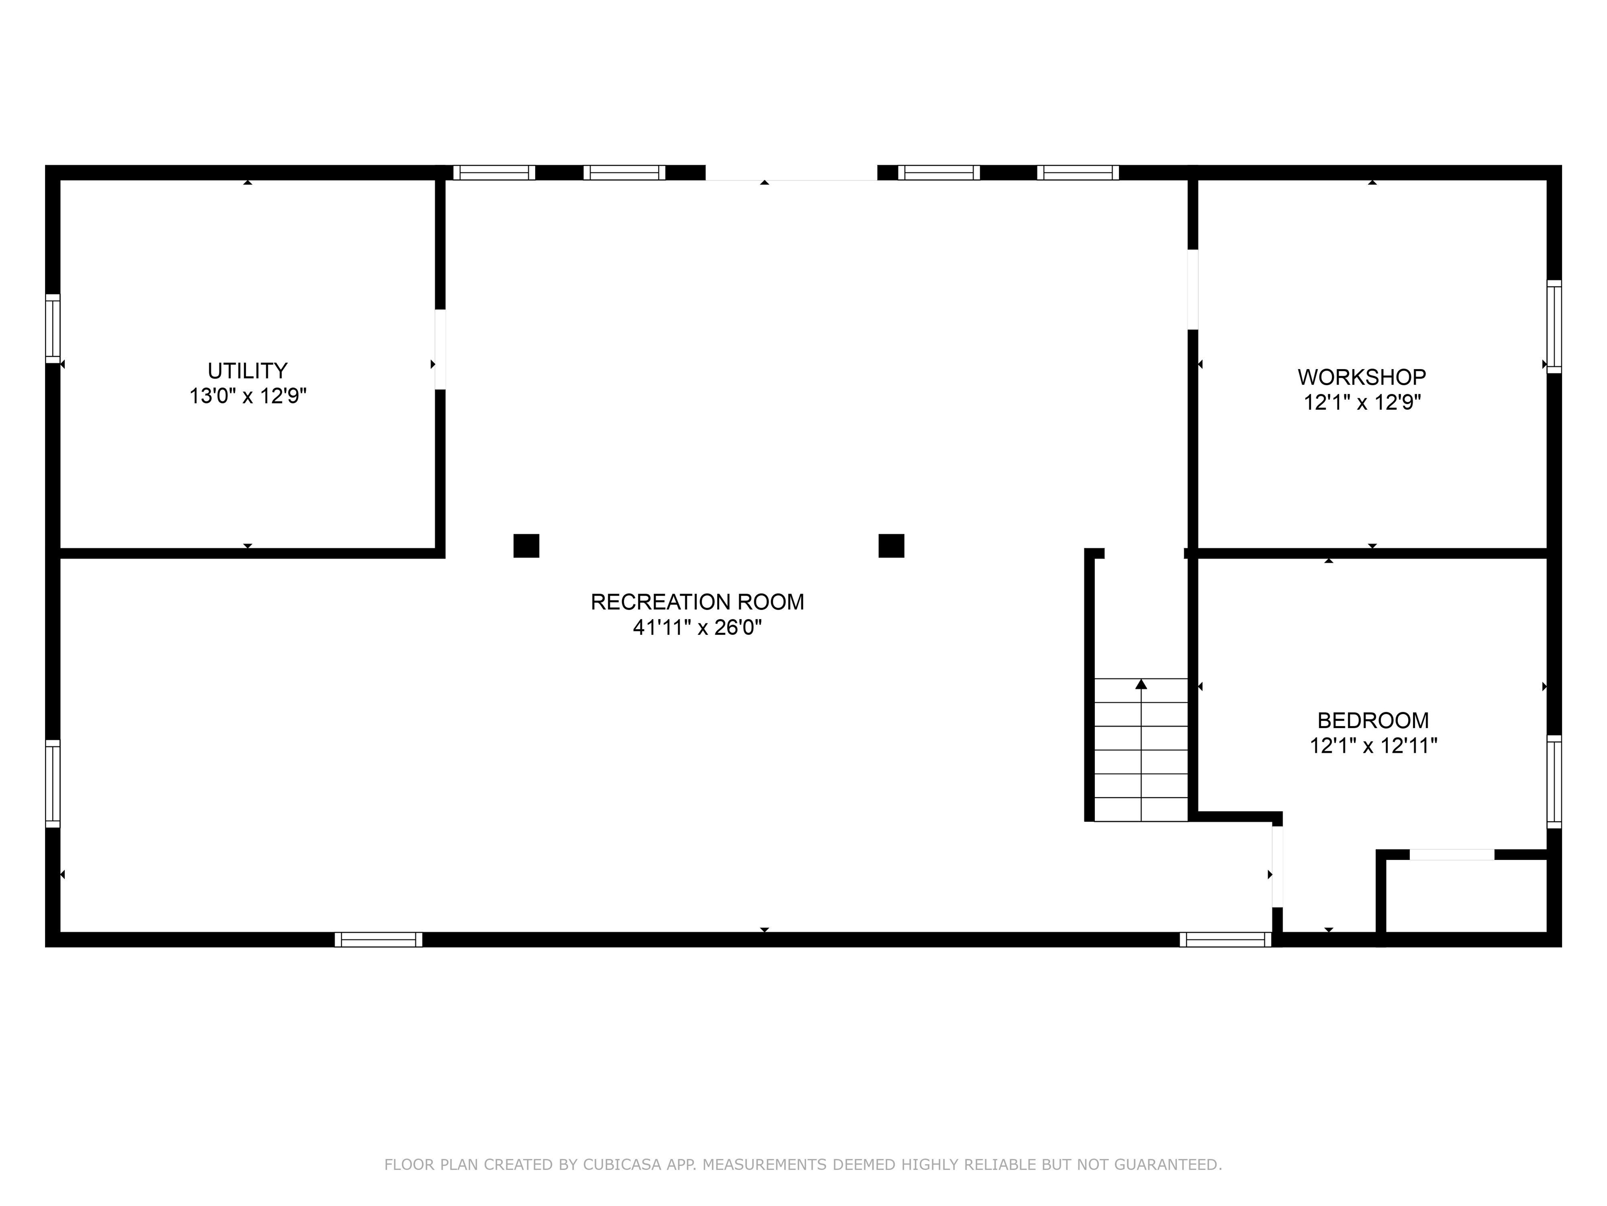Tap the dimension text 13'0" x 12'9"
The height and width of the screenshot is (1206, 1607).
(x=248, y=396)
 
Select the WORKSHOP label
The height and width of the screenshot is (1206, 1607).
(x=1362, y=377)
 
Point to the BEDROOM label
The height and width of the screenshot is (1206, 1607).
(x=1372, y=720)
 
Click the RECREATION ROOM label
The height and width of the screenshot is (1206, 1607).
(x=697, y=602)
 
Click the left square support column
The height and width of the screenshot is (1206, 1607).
(x=526, y=546)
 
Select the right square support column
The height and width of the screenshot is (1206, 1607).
(x=891, y=546)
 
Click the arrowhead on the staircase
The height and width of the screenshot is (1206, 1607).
(x=1140, y=684)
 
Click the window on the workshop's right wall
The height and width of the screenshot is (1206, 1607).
(x=1553, y=327)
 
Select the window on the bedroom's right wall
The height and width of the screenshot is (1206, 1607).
(x=1553, y=781)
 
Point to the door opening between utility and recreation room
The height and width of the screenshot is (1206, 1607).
(x=439, y=349)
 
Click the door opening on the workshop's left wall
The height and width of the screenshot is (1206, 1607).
(x=1192, y=289)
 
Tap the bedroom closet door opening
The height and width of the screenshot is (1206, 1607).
(x=1452, y=855)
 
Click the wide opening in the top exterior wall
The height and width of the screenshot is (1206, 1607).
(x=791, y=173)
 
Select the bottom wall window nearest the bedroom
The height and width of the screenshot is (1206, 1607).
(x=1225, y=939)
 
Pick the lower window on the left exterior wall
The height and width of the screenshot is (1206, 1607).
(x=52, y=783)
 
